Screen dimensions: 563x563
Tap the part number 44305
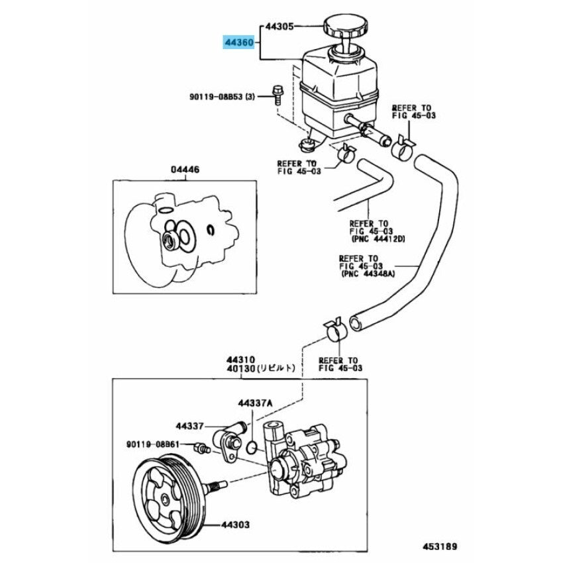click(x=279, y=27)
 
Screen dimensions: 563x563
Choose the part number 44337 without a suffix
click(x=190, y=426)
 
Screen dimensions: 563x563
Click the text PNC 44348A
click(x=371, y=272)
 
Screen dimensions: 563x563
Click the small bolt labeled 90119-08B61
click(x=199, y=448)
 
